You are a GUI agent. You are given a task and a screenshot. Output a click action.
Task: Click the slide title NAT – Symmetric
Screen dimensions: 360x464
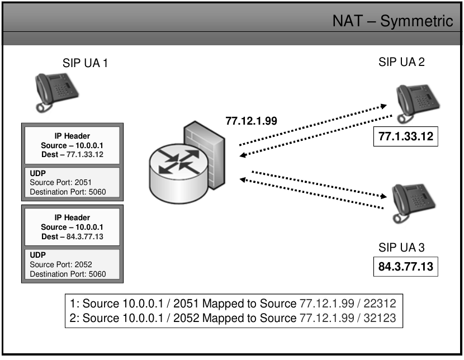point(392,21)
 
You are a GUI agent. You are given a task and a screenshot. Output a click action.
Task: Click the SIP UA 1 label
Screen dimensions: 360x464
point(85,63)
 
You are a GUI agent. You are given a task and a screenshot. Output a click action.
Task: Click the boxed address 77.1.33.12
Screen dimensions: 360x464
point(405,136)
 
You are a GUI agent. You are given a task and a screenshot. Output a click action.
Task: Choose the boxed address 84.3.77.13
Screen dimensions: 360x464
point(405,266)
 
